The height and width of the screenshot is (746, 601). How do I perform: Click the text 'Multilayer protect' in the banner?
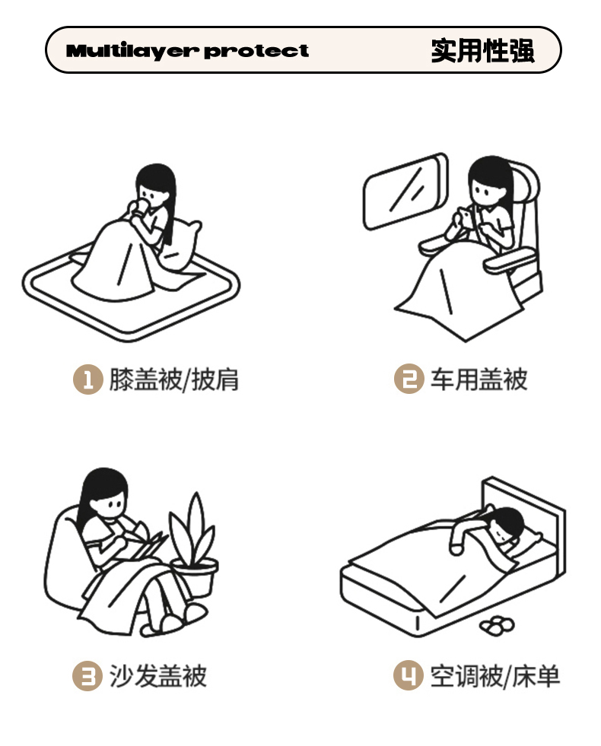[x=187, y=50]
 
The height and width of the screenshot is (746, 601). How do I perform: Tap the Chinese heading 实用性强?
[x=482, y=50]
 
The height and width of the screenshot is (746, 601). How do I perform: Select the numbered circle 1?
[x=88, y=379]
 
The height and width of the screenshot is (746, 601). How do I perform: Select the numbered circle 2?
[x=409, y=379]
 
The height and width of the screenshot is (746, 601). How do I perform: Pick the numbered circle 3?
[x=87, y=675]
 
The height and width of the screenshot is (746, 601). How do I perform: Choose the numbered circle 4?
[x=409, y=675]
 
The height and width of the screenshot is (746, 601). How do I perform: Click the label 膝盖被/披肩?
[x=174, y=379]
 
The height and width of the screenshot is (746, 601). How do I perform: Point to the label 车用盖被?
[x=479, y=379]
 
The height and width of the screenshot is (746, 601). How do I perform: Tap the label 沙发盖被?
[x=158, y=675]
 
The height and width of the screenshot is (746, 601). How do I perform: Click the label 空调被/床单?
[x=495, y=675]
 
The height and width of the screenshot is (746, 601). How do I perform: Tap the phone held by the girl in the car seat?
[x=466, y=218]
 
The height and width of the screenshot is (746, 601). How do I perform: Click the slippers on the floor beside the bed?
[x=498, y=625]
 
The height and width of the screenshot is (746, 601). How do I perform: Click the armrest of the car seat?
[x=509, y=260]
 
